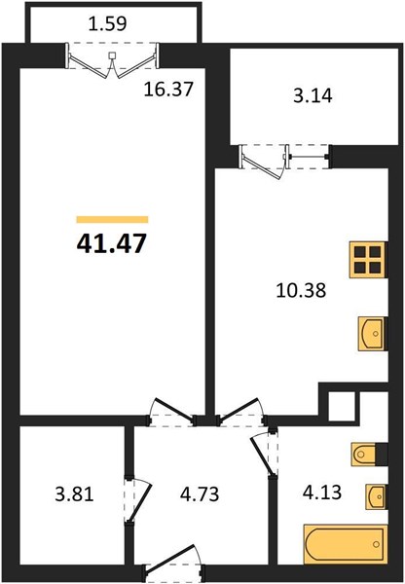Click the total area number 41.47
[110, 244]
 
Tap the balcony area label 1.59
[108, 23]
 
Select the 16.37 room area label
[168, 90]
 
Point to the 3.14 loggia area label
[313, 96]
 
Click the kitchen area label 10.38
[301, 290]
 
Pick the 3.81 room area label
[74, 495]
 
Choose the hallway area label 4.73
[200, 494]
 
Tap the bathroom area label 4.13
[322, 493]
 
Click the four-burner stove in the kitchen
[367, 260]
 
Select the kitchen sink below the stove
[372, 334]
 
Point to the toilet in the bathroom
[370, 454]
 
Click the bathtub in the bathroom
[346, 544]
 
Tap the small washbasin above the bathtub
[376, 496]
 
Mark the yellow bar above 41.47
[112, 219]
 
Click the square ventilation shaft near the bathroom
[342, 406]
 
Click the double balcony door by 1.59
[112, 60]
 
